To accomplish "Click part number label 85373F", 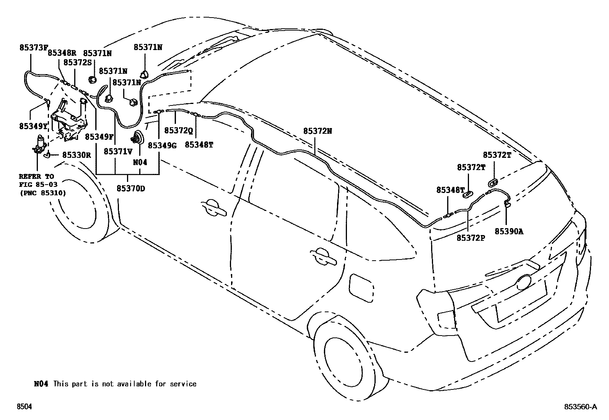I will coord(34,48).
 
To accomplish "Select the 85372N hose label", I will coord(318,131).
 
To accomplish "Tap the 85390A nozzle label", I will coord(509,231).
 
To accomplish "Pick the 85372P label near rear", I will coord(471,238).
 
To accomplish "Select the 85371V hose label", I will coord(118,151).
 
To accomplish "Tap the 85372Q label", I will coord(178,131).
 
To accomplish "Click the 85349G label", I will coord(162,145).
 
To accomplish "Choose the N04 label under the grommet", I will coord(140,162).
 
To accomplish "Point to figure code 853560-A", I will coord(580,407).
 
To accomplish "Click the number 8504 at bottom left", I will coord(24,407).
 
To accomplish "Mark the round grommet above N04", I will coord(138,137).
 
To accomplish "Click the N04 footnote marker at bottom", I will coord(41,384).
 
